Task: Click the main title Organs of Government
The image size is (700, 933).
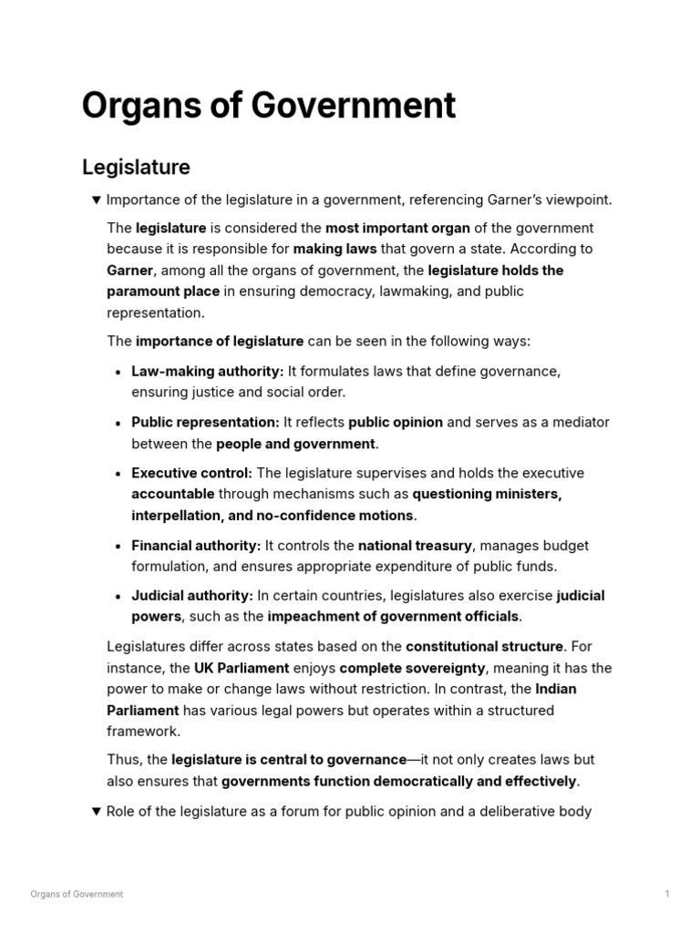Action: [268, 107]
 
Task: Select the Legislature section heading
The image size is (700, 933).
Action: [136, 168]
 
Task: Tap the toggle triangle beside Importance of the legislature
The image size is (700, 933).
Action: [97, 200]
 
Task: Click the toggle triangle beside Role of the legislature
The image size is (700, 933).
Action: [97, 812]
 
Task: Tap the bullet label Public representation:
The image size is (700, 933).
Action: [205, 423]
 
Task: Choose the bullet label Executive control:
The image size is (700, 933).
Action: [191, 473]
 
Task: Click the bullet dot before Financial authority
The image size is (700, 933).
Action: [120, 547]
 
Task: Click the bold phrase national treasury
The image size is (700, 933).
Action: [415, 546]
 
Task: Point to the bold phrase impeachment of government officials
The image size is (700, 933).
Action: [394, 617]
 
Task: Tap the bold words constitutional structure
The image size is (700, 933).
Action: [484, 647]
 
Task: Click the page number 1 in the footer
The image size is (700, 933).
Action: [667, 895]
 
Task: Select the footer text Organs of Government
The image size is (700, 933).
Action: [77, 895]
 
